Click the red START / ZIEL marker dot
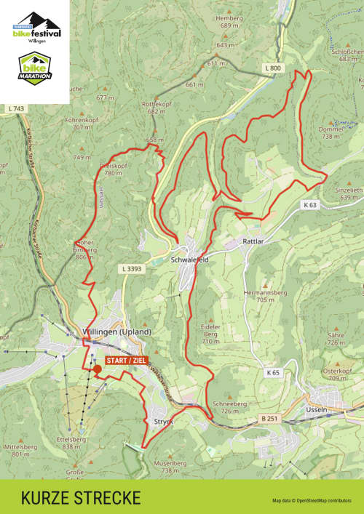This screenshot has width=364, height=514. click(x=97, y=369)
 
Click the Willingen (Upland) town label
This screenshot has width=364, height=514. click(x=116, y=332)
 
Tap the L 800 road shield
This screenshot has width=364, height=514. click(x=273, y=68)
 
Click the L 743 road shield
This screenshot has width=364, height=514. click(x=17, y=109)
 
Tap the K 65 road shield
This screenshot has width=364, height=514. click(x=272, y=372)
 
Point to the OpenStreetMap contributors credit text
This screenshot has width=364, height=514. click(x=316, y=500)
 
